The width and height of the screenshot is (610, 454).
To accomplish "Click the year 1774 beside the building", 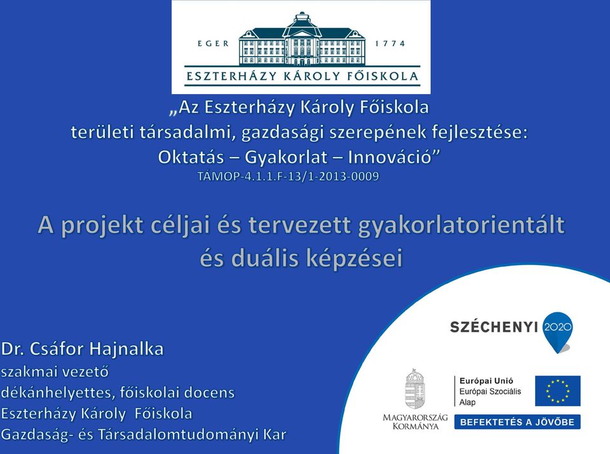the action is point(390,43).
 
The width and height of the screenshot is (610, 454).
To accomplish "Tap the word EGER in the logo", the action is point(213,43).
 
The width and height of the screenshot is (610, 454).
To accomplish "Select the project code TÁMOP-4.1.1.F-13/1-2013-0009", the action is point(288,176).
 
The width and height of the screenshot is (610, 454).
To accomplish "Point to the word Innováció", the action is point(394,157).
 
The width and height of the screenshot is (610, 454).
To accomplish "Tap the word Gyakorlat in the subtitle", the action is point(286,157).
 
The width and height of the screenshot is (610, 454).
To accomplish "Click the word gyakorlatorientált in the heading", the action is point(461,226).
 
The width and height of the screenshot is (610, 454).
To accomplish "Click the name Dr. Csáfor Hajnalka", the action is point(82,349).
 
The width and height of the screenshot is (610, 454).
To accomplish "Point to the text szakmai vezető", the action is point(55,372).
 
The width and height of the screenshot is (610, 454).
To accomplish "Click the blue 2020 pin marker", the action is point(559,331).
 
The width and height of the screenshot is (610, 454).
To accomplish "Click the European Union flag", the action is point(557,391).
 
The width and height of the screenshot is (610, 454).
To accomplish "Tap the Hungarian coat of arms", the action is point(415,389).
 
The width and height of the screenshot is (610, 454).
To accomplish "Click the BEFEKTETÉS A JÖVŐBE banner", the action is point(517,422).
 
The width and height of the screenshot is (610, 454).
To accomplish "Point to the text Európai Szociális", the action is point(490,392).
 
